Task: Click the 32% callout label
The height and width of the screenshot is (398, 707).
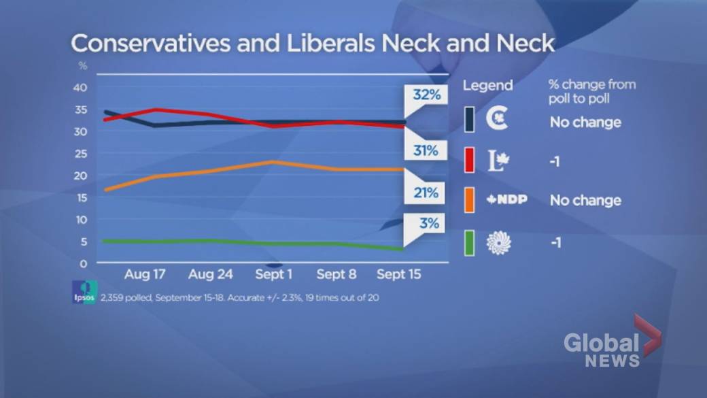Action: (x=426, y=95)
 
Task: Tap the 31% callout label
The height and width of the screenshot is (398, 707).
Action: (x=426, y=150)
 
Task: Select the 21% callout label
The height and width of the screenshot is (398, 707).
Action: (x=426, y=193)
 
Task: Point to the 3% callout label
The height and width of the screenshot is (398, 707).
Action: (x=429, y=223)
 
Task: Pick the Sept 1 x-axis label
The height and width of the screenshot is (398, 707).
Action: (x=275, y=275)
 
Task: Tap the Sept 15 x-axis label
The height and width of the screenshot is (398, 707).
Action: (x=399, y=275)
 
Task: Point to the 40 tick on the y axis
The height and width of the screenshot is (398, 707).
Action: (x=80, y=88)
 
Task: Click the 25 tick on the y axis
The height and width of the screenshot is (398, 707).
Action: (x=80, y=154)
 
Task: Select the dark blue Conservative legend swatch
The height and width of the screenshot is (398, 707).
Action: (x=469, y=120)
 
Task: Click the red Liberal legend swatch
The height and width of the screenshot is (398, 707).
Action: (x=469, y=161)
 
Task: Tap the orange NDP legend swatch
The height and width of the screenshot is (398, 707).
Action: (x=469, y=201)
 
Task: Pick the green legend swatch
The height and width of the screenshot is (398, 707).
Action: (x=469, y=243)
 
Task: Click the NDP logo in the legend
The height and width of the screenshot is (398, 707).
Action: (x=507, y=200)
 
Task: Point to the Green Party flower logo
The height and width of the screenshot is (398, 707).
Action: (x=499, y=243)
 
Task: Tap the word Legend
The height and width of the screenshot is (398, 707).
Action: (x=487, y=86)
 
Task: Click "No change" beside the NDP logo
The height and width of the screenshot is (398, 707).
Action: (x=585, y=201)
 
